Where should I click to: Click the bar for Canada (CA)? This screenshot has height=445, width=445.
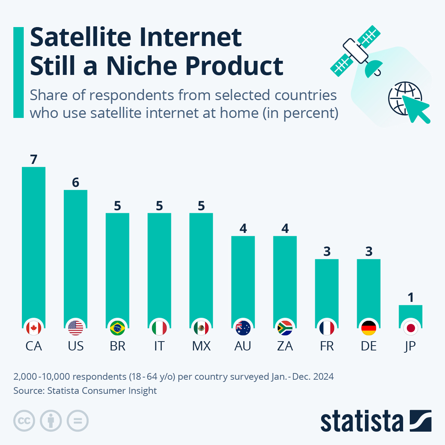34,245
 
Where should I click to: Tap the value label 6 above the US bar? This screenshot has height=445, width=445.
76,182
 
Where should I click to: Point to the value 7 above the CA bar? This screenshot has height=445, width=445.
34,159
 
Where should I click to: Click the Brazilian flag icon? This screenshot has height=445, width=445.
118,328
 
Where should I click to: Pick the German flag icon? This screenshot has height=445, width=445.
369,328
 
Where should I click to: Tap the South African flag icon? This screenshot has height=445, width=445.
285,328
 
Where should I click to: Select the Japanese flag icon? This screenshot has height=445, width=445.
411,328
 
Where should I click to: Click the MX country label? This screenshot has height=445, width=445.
201,346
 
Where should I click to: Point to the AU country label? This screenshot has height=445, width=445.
243,346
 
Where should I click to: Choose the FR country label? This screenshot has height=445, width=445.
327,346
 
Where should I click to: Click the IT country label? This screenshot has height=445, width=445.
159,346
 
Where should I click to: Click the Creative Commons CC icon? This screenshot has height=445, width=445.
24,421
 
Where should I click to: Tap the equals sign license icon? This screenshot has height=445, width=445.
78,421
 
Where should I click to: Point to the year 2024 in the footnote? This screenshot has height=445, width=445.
323,376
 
